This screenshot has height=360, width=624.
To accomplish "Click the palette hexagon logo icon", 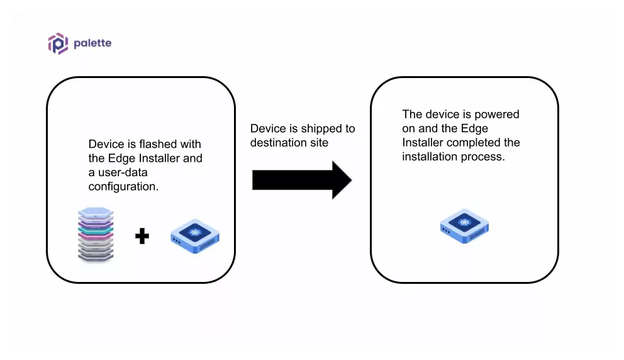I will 58,43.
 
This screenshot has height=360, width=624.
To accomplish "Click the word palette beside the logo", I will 92,43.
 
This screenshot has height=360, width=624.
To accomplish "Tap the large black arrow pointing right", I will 301,179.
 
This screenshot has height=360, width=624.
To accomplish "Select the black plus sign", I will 142,237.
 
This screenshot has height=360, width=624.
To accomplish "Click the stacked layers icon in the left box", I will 95,235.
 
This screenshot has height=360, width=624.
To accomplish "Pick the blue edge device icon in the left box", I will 195,236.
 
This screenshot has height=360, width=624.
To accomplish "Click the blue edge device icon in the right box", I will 464,227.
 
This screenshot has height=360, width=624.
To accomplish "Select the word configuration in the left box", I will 123,186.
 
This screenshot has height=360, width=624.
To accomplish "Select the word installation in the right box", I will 430,157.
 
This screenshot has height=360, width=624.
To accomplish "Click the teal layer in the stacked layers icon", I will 95,228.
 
